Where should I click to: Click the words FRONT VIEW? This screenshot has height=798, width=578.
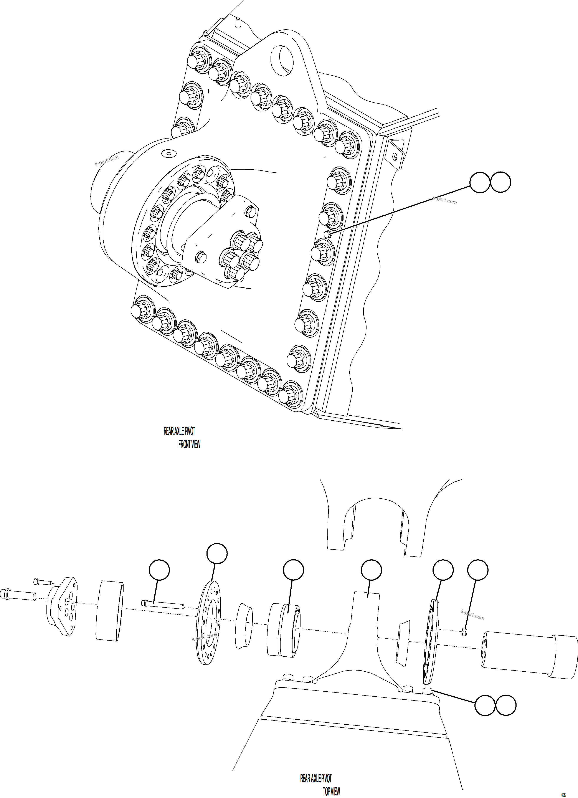pos(189,444)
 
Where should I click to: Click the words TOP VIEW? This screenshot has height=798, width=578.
pos(331,791)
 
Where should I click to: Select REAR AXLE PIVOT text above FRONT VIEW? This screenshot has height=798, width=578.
pos(179,431)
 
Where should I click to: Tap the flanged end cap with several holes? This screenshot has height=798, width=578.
pos(64,606)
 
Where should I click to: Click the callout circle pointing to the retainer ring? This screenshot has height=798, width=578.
pos(217,553)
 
